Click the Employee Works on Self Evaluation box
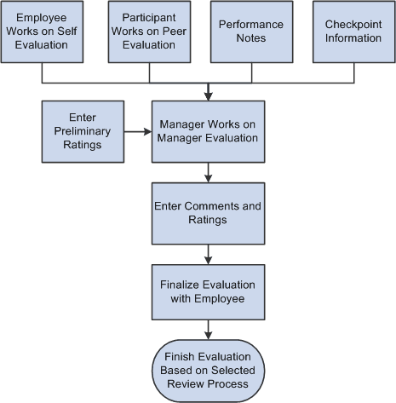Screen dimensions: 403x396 click(43, 32)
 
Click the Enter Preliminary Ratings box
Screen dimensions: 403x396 click(82, 132)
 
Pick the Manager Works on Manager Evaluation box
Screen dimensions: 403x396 click(209, 132)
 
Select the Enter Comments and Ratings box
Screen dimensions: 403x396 click(209, 212)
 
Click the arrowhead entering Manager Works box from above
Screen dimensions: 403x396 click(209, 96)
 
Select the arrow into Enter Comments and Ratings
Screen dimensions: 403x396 click(209, 176)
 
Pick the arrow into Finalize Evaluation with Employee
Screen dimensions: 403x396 click(209, 254)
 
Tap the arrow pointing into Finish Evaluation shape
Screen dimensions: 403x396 click(209, 333)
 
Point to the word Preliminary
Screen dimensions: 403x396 click(82, 132)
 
